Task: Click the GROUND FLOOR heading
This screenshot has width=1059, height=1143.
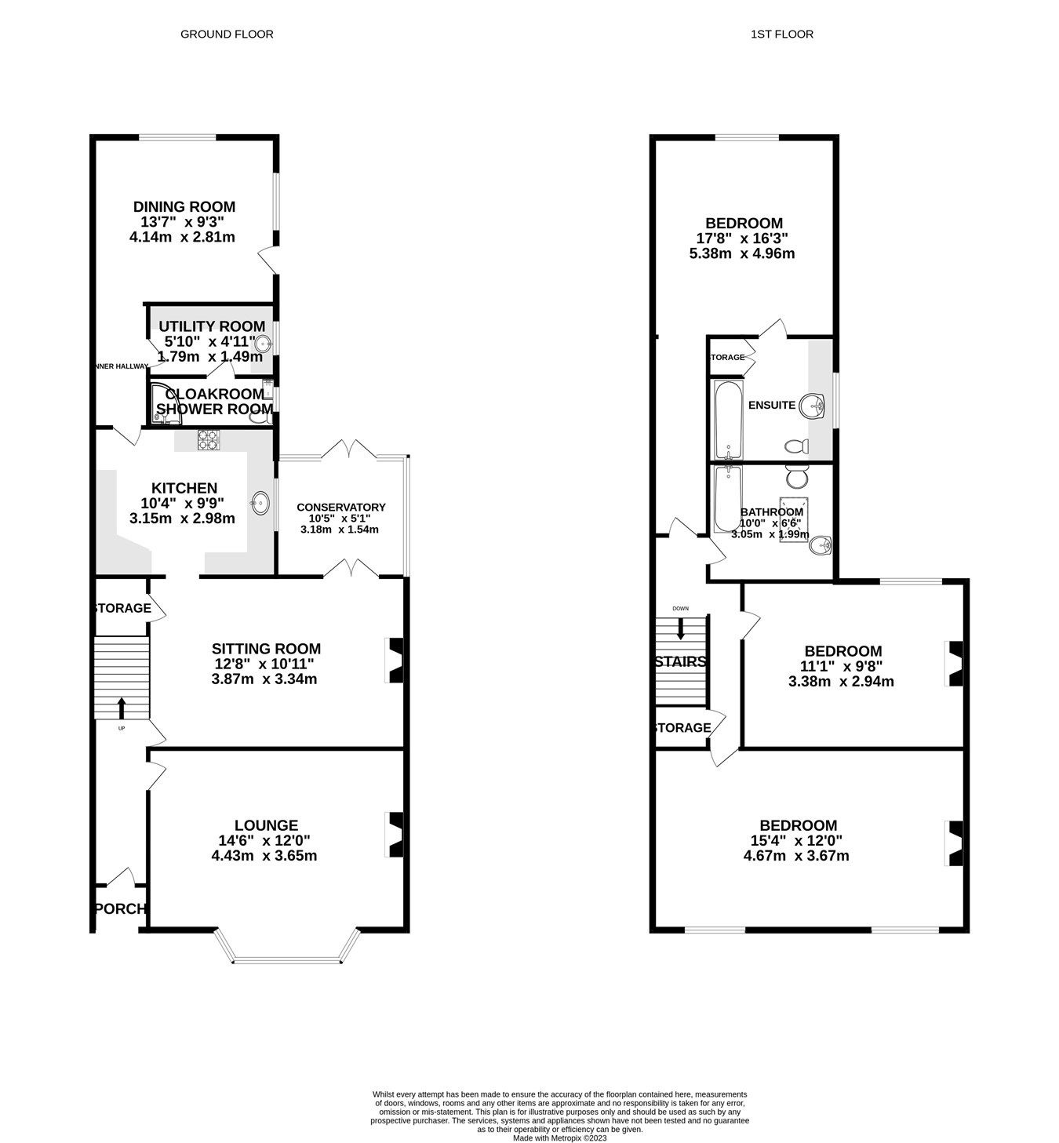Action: (227, 34)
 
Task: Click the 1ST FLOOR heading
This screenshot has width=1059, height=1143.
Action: (781, 34)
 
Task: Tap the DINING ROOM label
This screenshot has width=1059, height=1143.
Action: (184, 207)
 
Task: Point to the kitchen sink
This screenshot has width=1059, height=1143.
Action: (260, 501)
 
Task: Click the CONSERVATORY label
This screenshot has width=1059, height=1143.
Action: (340, 508)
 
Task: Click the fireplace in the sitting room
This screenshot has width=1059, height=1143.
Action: (396, 659)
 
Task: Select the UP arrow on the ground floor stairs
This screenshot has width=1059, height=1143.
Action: (122, 708)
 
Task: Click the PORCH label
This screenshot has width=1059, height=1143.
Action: (120, 909)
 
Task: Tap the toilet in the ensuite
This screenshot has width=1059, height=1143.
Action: (796, 446)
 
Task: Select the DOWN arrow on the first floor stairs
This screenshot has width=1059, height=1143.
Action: (680, 628)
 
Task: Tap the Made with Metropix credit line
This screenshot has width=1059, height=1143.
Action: (559, 1138)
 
